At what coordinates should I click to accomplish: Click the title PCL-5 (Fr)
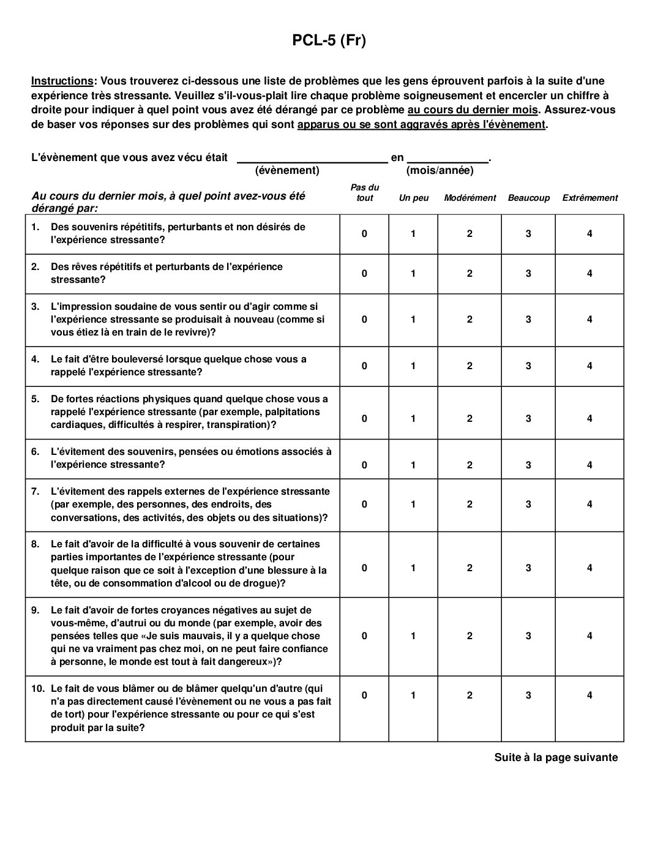pyautogui.click(x=329, y=41)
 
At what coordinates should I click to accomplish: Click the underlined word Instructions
pyautogui.click(x=62, y=81)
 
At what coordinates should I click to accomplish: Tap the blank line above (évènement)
pyautogui.click(x=312, y=160)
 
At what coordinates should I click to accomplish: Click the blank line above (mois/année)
pyautogui.click(x=447, y=160)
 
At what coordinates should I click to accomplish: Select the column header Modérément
pyautogui.click(x=470, y=198)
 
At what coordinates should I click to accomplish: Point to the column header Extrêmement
pyautogui.click(x=590, y=198)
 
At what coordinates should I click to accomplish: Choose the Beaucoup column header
pyautogui.click(x=529, y=198)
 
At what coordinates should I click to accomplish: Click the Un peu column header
pyautogui.click(x=414, y=198)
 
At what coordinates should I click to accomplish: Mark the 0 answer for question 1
pyautogui.click(x=364, y=234)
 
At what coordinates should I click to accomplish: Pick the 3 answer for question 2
pyautogui.click(x=528, y=274)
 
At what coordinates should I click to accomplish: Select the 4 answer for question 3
pyautogui.click(x=589, y=320)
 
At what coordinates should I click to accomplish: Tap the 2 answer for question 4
pyautogui.click(x=470, y=366)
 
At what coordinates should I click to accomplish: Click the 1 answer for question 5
pyautogui.click(x=413, y=419)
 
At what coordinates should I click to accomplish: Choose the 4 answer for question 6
pyautogui.click(x=589, y=465)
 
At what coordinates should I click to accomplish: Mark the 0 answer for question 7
pyautogui.click(x=364, y=504)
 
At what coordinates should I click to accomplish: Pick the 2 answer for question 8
pyautogui.click(x=470, y=568)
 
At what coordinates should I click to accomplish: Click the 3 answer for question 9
pyautogui.click(x=528, y=636)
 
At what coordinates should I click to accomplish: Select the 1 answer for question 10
pyautogui.click(x=413, y=695)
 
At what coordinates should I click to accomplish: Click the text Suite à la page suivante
pyautogui.click(x=556, y=758)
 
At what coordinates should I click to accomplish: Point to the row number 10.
pyautogui.click(x=38, y=689)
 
